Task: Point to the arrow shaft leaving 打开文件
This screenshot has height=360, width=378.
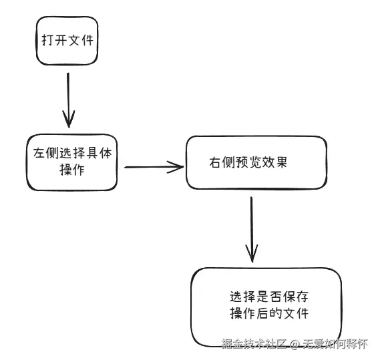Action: click(68, 94)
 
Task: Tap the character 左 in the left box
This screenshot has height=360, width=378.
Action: click(39, 152)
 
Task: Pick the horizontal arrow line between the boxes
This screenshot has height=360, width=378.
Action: click(150, 167)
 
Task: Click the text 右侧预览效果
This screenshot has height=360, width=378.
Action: click(247, 162)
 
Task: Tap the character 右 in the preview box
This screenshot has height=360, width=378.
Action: click(214, 162)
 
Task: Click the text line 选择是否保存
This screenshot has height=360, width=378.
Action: click(268, 297)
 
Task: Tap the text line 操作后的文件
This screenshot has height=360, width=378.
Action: click(268, 314)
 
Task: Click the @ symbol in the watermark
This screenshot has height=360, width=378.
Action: click(293, 345)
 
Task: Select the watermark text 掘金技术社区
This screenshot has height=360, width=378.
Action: click(254, 345)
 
